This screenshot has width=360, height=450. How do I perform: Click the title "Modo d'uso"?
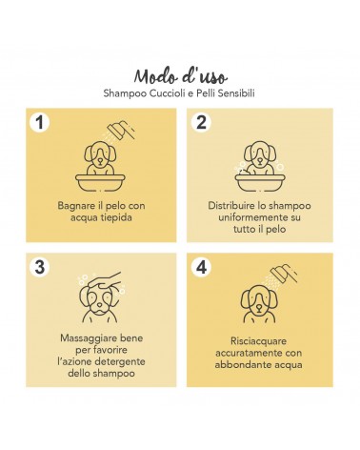(181, 76)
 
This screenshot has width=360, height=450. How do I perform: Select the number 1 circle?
(40, 122)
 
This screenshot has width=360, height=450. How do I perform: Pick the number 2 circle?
(201, 122)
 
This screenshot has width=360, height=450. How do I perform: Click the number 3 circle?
(40, 267)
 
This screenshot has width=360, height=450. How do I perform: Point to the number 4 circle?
(201, 267)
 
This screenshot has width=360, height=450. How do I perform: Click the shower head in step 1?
(121, 131)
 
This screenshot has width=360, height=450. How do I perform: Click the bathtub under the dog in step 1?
(100, 182)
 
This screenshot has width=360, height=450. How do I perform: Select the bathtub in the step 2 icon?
(260, 182)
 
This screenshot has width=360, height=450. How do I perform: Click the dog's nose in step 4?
(259, 307)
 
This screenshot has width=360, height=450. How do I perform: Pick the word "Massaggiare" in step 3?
(87, 338)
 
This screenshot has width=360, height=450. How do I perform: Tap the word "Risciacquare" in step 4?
(258, 341)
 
